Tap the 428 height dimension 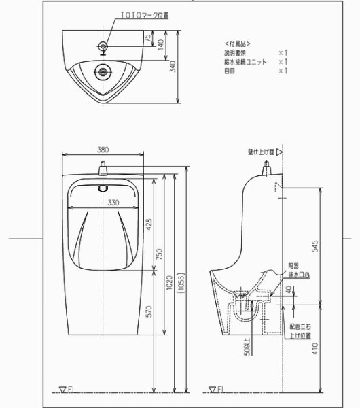[149, 224]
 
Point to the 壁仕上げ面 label [262, 153]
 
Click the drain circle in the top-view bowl [103, 70]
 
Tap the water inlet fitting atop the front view [103, 167]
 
